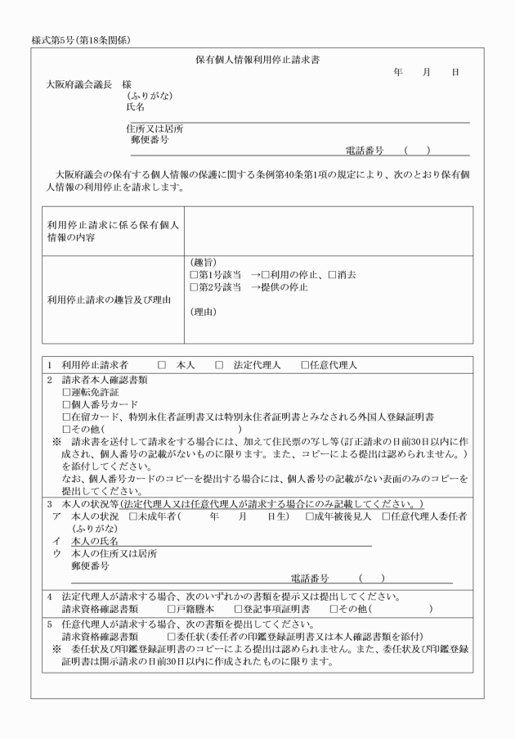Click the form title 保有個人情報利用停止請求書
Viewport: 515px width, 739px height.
257,60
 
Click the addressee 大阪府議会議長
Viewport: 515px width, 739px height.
78,84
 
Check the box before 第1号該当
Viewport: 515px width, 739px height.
194,275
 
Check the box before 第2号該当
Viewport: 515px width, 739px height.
194,287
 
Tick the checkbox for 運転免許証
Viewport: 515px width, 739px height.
67,393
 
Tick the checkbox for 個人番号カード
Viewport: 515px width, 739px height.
67,405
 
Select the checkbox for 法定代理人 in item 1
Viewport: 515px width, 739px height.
219,365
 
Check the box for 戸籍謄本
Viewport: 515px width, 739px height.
172,609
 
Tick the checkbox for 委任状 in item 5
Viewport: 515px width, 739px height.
172,636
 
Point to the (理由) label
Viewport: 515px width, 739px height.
202,313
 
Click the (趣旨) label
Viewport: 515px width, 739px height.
202,263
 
